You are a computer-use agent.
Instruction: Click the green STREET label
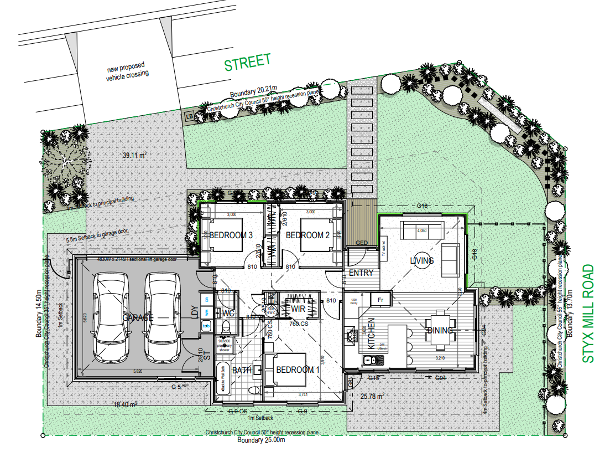click(x=247, y=62)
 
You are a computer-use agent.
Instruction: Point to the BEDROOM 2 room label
click(x=307, y=235)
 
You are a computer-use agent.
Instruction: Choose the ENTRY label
click(x=361, y=273)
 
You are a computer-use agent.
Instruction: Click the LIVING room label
click(x=421, y=260)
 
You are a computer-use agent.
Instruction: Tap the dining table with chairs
click(x=440, y=331)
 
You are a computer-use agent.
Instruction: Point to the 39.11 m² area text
click(x=134, y=156)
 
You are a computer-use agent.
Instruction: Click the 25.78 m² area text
click(x=372, y=396)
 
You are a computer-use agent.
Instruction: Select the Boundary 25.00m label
click(x=260, y=440)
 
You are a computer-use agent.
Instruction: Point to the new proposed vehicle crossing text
click(x=127, y=72)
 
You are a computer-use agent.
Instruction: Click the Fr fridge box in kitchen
click(x=381, y=299)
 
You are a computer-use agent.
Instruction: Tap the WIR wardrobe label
click(x=299, y=309)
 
